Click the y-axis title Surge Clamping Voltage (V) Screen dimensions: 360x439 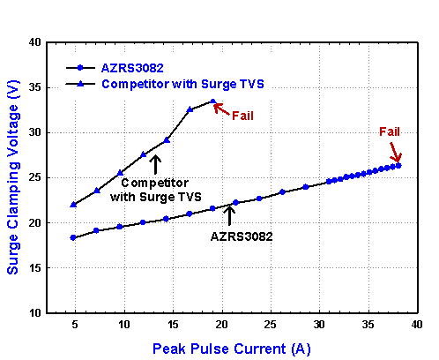pos(12,176)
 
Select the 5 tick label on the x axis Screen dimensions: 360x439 pos(74,325)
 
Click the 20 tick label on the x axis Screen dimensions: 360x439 pos(224,325)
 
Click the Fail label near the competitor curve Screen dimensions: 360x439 pos(243,116)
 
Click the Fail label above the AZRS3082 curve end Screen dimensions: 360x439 pos(390,131)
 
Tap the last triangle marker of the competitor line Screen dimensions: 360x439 pos(213,101)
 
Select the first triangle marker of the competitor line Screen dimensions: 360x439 pos(73,205)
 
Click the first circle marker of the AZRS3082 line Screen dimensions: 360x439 pos(73,237)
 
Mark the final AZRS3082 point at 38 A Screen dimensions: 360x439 pos(398,165)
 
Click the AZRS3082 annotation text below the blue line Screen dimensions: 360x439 pos(241,236)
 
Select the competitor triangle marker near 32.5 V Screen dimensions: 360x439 pos(190,109)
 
